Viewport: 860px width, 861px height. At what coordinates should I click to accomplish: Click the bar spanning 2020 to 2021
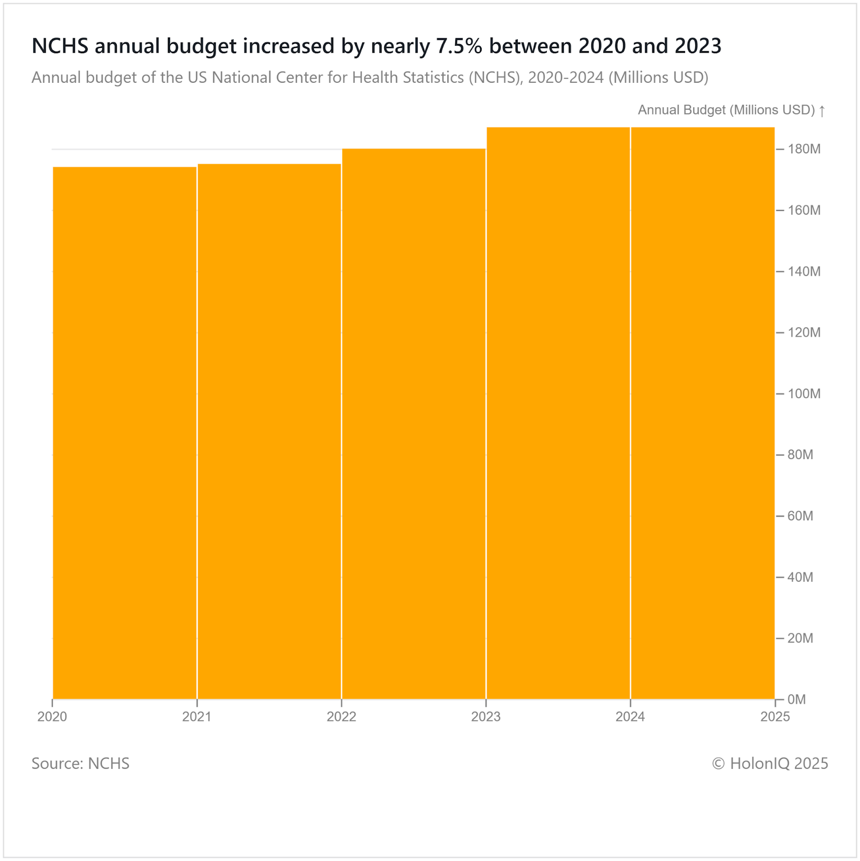click(x=124, y=433)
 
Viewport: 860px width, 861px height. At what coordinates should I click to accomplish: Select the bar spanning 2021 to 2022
click(x=269, y=431)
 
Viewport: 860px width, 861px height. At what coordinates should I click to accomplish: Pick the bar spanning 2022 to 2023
click(x=414, y=424)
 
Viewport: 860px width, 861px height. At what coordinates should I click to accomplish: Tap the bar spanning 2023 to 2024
click(x=558, y=413)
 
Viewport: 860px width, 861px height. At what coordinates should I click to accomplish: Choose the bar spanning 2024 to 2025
click(x=703, y=413)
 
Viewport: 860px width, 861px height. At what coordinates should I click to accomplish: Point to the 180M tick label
click(x=804, y=149)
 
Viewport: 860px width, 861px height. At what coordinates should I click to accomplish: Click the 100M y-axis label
click(x=804, y=394)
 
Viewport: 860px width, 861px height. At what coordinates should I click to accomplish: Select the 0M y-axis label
click(x=796, y=700)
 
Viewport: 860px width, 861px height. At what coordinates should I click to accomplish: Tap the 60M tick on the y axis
click(x=800, y=516)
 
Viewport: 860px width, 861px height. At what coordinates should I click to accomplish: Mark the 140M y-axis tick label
click(x=804, y=272)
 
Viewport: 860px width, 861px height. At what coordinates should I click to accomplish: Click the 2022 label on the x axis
click(x=341, y=717)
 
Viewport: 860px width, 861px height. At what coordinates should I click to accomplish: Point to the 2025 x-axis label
click(x=774, y=717)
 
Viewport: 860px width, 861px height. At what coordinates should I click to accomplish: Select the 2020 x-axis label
click(x=52, y=717)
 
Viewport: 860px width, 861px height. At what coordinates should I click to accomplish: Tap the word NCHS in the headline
click(x=60, y=46)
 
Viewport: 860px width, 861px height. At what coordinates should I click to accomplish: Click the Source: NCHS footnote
click(x=80, y=764)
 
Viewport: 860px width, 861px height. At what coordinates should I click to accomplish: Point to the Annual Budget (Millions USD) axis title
click(x=726, y=110)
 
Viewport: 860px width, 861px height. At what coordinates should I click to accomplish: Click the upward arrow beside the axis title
click(x=822, y=111)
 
